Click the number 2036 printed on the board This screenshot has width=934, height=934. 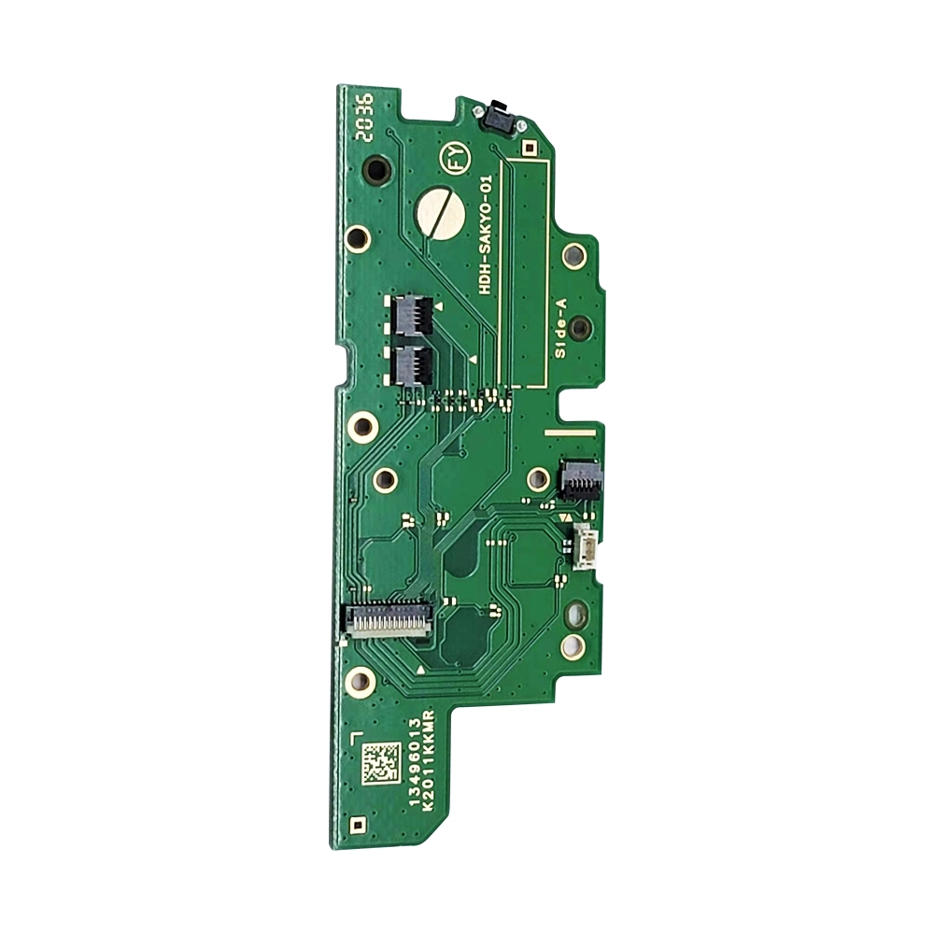point(365,116)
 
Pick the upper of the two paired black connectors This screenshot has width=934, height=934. point(412,315)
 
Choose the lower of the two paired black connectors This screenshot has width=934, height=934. point(412,362)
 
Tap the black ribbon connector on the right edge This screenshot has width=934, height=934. point(580,478)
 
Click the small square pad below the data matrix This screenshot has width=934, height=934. point(356,825)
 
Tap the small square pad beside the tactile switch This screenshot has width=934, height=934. point(529,147)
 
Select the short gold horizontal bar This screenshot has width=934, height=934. point(569,433)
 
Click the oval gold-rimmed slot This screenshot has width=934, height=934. point(576,614)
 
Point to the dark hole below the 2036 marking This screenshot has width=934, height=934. point(376,170)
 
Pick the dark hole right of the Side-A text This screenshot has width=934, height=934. point(579,327)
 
